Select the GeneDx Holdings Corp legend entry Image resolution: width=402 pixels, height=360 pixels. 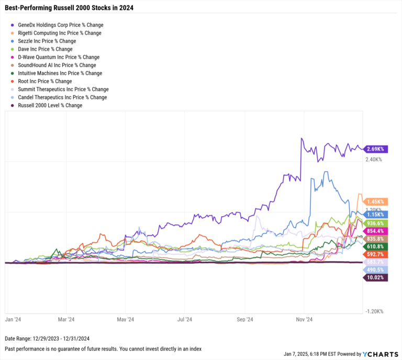pyautogui.click(x=60, y=25)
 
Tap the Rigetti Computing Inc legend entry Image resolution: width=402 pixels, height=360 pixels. pyautogui.click(x=59, y=33)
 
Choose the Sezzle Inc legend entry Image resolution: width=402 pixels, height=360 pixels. pyautogui.click(x=47, y=41)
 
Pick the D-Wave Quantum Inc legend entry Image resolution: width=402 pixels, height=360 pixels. pyautogui.click(x=58, y=57)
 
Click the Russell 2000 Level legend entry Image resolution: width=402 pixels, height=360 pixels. pyautogui.click(x=50, y=106)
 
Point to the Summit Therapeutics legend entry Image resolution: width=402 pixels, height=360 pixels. pyautogui.click(x=63, y=89)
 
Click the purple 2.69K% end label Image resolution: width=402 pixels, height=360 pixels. pyautogui.click(x=376, y=149)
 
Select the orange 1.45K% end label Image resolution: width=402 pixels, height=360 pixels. pyautogui.click(x=376, y=201)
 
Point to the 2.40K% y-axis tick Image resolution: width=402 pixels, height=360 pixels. pyautogui.click(x=374, y=159)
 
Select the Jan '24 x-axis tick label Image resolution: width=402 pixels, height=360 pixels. pyautogui.click(x=13, y=318)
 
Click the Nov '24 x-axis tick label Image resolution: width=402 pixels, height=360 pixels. pyautogui.click(x=304, y=318)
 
